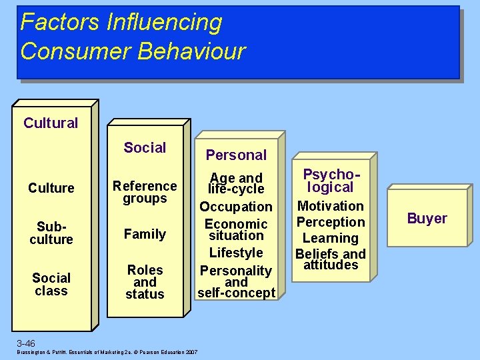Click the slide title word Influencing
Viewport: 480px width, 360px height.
163,22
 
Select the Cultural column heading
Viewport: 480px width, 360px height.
51,123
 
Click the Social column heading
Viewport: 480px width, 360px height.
145,147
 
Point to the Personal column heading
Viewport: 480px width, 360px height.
236,155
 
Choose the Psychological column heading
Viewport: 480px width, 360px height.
331,181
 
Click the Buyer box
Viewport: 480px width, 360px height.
427,218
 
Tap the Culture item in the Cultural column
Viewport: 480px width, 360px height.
51,188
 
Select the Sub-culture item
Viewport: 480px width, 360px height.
51,233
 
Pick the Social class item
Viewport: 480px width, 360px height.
51,284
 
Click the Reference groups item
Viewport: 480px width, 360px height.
145,192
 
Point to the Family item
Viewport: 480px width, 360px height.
145,234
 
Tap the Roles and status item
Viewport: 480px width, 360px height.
145,282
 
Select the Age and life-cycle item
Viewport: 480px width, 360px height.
236,183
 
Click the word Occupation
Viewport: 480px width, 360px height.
236,207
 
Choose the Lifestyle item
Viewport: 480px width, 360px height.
236,253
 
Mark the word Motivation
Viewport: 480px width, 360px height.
331,206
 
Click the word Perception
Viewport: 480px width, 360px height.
331,222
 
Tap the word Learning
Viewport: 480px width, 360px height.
331,238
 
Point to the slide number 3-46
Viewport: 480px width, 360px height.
26,343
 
